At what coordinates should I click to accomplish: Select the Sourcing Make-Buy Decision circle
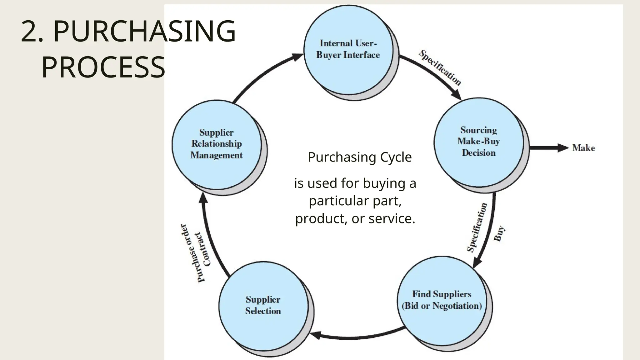[x=478, y=142]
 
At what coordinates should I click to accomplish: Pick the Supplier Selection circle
[x=263, y=305]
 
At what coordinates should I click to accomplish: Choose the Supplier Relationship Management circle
[x=217, y=144]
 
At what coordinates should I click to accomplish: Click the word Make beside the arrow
[x=583, y=148]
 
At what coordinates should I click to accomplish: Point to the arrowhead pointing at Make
[x=562, y=148]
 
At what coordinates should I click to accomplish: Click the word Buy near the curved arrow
[x=499, y=234]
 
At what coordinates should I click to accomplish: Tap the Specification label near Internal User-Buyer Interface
[x=440, y=68]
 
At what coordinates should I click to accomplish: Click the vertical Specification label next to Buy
[x=477, y=227]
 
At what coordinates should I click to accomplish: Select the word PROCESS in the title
[x=103, y=67]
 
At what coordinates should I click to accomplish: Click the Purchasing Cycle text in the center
[x=360, y=157]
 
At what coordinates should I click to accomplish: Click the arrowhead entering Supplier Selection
[x=315, y=335]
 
